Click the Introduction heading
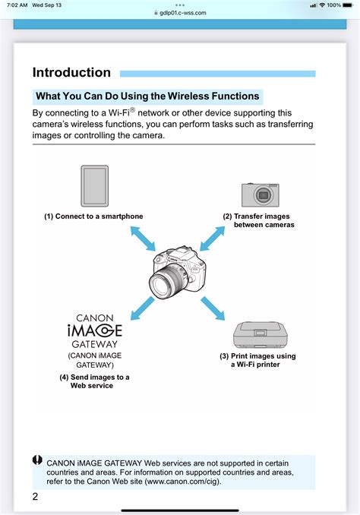[x=71, y=73]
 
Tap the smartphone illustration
[x=94, y=186]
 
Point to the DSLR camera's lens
[x=165, y=286]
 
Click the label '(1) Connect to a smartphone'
[x=93, y=216]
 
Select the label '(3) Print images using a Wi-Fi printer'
[x=258, y=360]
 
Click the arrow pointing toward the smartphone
[x=142, y=239]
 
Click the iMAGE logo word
[x=94, y=330]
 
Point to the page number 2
[x=35, y=497]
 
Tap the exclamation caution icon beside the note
[x=37, y=460]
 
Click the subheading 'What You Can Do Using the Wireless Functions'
[x=148, y=96]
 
